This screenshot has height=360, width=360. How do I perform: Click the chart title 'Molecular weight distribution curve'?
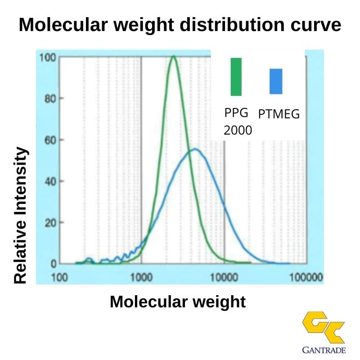pyautogui.click(x=180, y=25)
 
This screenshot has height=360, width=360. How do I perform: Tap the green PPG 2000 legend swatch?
pyautogui.click(x=236, y=76)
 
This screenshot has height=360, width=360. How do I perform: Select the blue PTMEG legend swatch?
pyautogui.click(x=276, y=81)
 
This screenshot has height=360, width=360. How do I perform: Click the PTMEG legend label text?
pyautogui.click(x=279, y=114)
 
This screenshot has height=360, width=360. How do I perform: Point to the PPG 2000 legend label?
pyautogui.click(x=238, y=121)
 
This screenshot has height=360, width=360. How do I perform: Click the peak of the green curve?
pyautogui.click(x=173, y=57)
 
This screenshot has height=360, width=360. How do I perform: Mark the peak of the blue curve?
pyautogui.click(x=194, y=149)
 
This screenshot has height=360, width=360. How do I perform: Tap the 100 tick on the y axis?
pyautogui.click(x=47, y=57)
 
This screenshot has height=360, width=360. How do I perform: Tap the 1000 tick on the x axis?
pyautogui.click(x=142, y=277)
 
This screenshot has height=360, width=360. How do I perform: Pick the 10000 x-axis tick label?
pyautogui.click(x=224, y=277)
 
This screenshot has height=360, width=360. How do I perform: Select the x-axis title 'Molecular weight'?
pyautogui.click(x=178, y=301)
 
